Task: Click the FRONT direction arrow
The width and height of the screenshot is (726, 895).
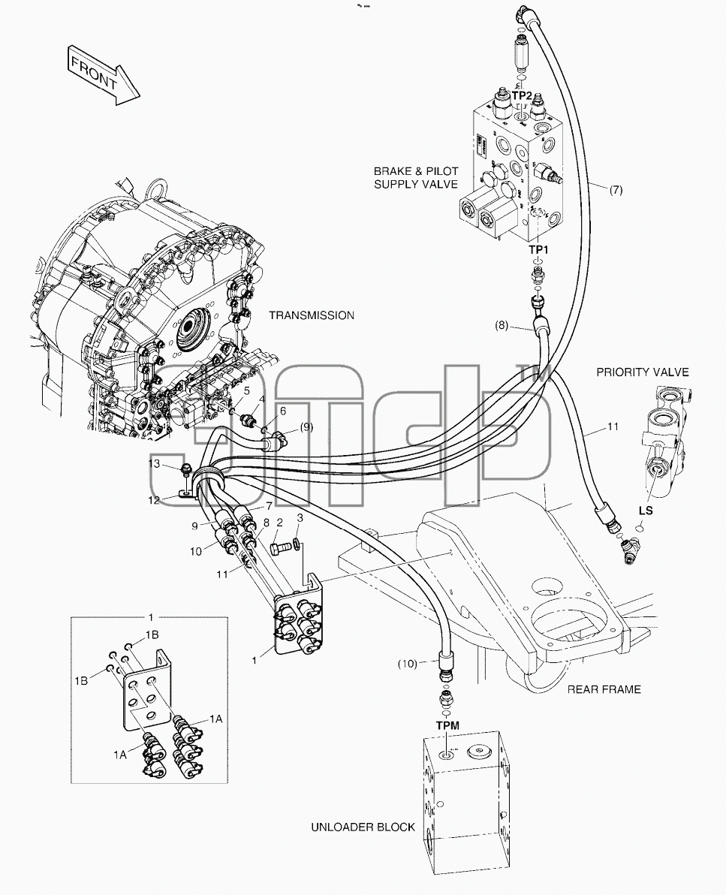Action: pyautogui.click(x=104, y=75)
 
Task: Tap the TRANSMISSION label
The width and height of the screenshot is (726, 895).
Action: pyautogui.click(x=311, y=315)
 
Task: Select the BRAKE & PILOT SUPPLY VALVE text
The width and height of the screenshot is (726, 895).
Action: pyautogui.click(x=415, y=177)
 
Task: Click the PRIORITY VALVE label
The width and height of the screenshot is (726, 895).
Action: pyautogui.click(x=642, y=372)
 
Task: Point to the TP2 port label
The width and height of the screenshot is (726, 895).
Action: pyautogui.click(x=522, y=96)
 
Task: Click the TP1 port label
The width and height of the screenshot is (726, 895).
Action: pyautogui.click(x=538, y=249)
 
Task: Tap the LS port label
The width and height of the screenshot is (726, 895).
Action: pyautogui.click(x=646, y=511)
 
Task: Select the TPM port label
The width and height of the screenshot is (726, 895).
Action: pyautogui.click(x=447, y=725)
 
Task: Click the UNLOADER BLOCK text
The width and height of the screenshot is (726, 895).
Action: pyautogui.click(x=363, y=827)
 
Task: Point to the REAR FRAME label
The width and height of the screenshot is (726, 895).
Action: pyautogui.click(x=604, y=689)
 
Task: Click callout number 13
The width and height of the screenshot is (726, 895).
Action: pyautogui.click(x=154, y=463)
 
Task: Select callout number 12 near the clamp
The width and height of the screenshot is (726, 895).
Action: pyautogui.click(x=154, y=500)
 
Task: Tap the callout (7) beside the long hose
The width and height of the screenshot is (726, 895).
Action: pyautogui.click(x=616, y=190)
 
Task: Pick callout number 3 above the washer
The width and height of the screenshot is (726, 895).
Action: pyautogui.click(x=300, y=518)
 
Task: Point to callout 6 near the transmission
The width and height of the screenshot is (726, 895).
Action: pyautogui.click(x=282, y=411)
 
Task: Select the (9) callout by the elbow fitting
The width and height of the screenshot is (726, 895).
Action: pyautogui.click(x=306, y=426)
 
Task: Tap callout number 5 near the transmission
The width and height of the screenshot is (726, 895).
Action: pyautogui.click(x=246, y=390)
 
